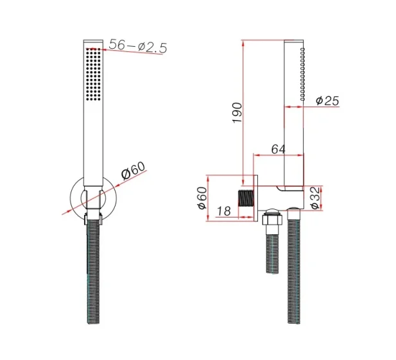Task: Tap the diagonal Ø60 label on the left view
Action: (133, 173)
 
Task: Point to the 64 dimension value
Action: (277, 149)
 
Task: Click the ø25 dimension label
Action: (327, 101)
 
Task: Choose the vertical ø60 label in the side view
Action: (202, 198)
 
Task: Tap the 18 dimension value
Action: (224, 210)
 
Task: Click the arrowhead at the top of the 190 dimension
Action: (243, 42)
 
